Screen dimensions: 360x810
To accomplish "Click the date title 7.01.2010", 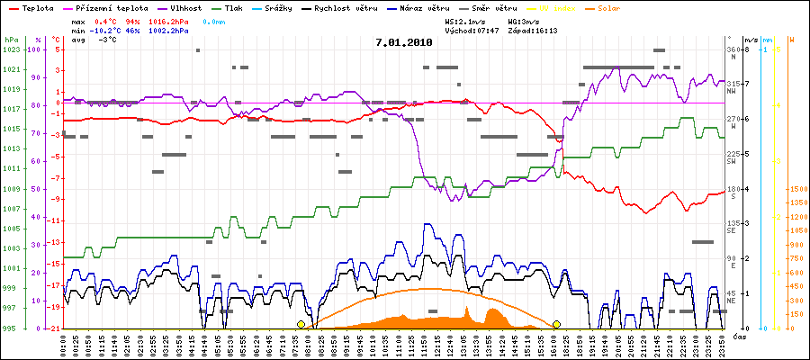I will pos(404,41).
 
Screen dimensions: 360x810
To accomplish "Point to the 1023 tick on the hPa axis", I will pos(11,49).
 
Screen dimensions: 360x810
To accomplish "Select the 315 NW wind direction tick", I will pos(733,84).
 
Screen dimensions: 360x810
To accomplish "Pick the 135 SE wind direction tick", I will pos(733,223).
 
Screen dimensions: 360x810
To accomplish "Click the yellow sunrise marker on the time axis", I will pos(301,324).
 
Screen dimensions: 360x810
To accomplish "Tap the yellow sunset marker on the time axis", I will pos(556,324).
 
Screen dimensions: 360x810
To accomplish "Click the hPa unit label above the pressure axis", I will pos(11,40).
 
